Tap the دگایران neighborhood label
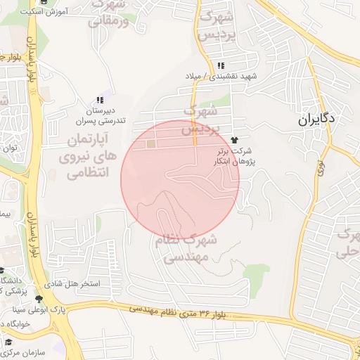click(317, 120)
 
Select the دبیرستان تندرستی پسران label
click(101, 116)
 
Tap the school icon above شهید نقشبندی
click(221, 65)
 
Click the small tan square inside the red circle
click(152, 144)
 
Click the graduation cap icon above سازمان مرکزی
click(9, 342)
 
